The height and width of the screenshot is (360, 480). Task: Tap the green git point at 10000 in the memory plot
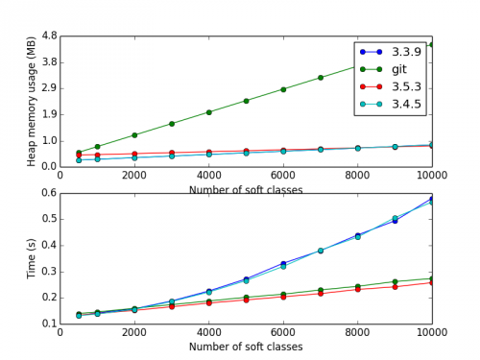(x=432, y=44)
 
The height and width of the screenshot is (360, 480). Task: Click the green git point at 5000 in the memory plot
(x=247, y=100)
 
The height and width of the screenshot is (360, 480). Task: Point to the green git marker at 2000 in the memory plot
(x=134, y=134)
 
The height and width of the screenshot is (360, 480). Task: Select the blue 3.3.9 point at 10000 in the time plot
(x=432, y=199)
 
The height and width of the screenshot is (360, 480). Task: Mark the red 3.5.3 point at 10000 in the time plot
(x=432, y=282)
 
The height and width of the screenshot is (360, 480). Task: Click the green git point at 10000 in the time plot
(x=432, y=278)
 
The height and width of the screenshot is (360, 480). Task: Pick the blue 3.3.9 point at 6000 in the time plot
(x=283, y=263)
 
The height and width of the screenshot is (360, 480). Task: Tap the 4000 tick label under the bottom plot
(x=209, y=332)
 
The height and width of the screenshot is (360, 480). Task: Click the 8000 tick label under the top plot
(x=358, y=175)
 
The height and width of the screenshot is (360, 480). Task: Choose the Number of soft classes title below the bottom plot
(x=247, y=346)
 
